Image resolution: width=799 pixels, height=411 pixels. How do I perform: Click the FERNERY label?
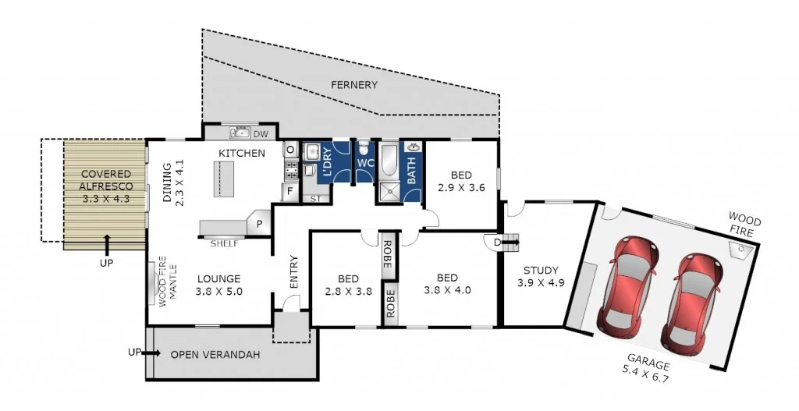[x=353, y=85]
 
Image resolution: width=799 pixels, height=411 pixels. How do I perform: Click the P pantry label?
[x=258, y=224]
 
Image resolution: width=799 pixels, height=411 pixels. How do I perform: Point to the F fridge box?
[x=289, y=190]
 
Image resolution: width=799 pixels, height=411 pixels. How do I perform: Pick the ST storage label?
[x=315, y=199]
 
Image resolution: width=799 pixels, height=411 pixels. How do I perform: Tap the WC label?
[x=366, y=163]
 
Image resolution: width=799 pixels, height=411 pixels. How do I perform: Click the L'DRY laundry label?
[x=328, y=162]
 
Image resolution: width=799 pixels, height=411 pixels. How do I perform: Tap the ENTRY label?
[x=293, y=273]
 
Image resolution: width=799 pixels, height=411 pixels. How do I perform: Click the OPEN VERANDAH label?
[x=215, y=354]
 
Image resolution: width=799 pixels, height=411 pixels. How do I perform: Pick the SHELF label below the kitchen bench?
[x=224, y=243]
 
